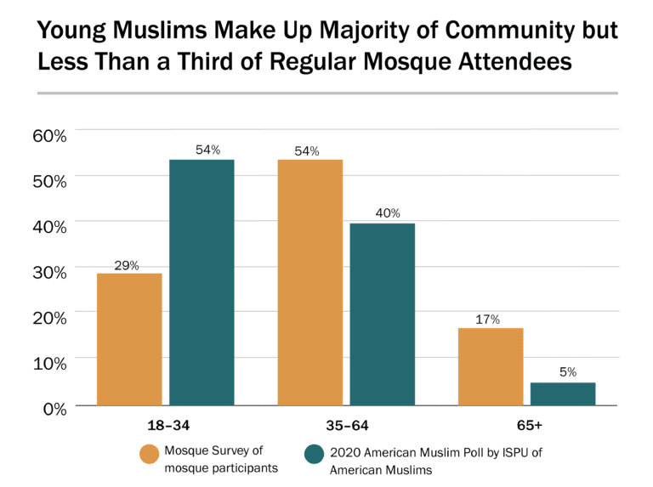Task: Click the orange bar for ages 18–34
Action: pyautogui.click(x=129, y=339)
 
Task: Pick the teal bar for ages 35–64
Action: pyautogui.click(x=383, y=314)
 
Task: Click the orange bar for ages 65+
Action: pyautogui.click(x=491, y=366)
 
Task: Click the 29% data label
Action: pyautogui.click(x=129, y=264)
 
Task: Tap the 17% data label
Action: pyautogui.click(x=491, y=319)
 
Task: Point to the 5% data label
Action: pyautogui.click(x=563, y=372)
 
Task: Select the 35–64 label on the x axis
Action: pyautogui.click(x=346, y=424)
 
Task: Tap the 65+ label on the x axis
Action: pyautogui.click(x=526, y=424)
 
